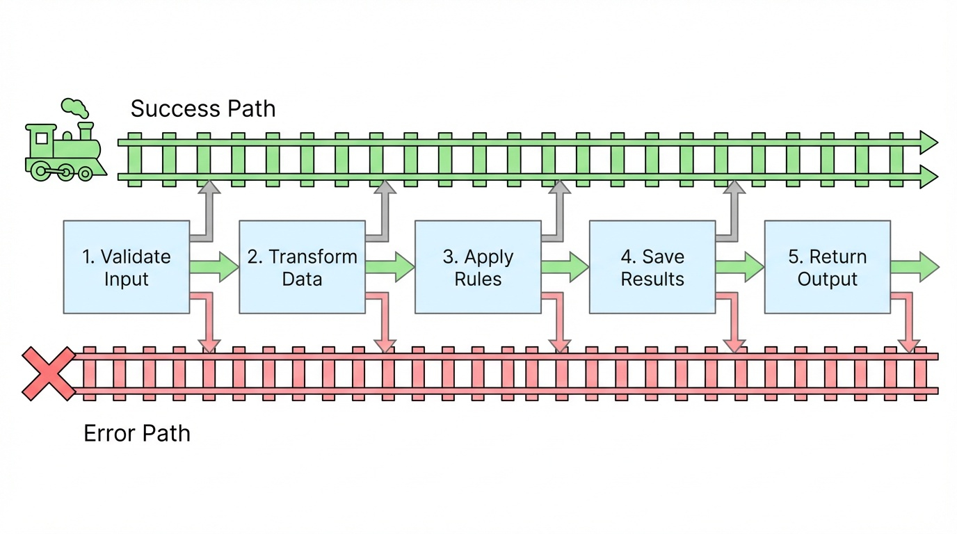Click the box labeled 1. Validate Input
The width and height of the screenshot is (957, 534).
[126, 267]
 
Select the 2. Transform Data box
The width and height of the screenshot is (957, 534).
[302, 267]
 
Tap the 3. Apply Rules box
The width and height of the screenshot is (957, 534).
[478, 267]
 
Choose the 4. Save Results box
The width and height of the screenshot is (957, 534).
[652, 267]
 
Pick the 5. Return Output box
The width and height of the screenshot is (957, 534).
[827, 267]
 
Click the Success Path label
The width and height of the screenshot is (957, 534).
[203, 109]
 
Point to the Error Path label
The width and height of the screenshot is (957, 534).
[137, 433]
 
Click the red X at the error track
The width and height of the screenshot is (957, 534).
[48, 373]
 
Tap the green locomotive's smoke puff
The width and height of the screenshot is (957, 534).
[75, 108]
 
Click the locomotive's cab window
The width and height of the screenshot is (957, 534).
[42, 138]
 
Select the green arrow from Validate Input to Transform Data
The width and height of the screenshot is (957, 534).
[214, 267]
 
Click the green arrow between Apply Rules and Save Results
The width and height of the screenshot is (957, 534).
[565, 267]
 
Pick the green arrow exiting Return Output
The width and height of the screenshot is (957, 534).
[915, 267]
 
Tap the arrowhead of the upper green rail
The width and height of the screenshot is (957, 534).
[928, 142]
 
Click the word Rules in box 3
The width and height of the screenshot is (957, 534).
[478, 280]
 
